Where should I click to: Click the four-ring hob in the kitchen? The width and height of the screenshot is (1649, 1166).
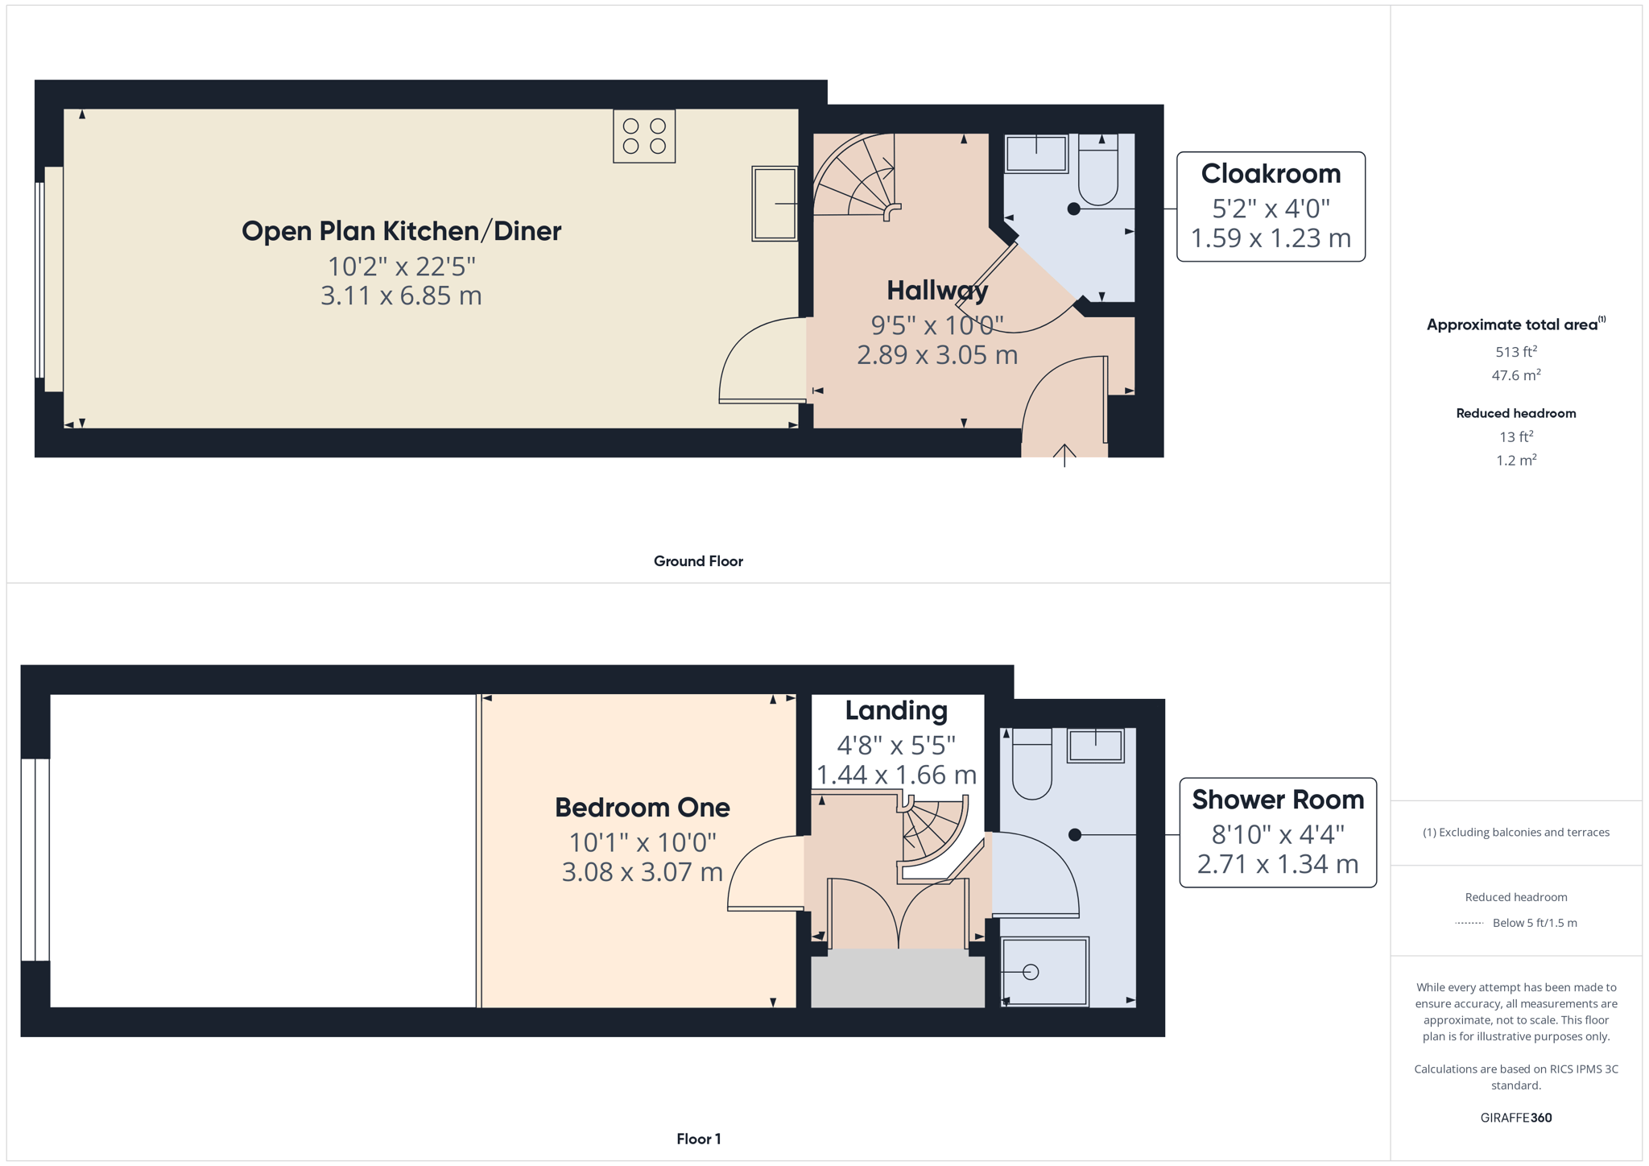(x=644, y=136)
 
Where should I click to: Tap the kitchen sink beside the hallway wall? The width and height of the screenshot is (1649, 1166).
(x=775, y=204)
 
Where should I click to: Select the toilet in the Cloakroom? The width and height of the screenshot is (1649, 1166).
(x=1098, y=170)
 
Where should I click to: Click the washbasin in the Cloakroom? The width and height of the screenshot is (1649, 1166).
(x=1036, y=154)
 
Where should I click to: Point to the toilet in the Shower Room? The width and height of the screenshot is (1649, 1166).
(x=1032, y=764)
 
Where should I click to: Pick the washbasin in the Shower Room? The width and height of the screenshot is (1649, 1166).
(x=1096, y=746)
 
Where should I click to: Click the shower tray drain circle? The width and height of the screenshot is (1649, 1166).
(x=1031, y=972)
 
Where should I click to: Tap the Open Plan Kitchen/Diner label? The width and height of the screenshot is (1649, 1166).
(x=401, y=231)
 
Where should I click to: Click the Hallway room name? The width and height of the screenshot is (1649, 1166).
(x=937, y=290)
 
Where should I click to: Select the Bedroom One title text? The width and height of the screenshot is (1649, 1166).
(x=643, y=807)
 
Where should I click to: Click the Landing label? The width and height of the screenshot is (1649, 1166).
(x=896, y=710)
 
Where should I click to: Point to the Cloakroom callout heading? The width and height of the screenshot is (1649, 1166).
(x=1271, y=173)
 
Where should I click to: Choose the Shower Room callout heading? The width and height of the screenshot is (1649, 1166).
(x=1278, y=800)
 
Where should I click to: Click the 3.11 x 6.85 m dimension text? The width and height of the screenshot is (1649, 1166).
(x=401, y=296)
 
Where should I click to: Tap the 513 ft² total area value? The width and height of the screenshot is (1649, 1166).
(x=1516, y=351)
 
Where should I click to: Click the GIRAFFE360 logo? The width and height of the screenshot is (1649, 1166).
(x=1516, y=1118)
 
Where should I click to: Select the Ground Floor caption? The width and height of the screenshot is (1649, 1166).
(x=698, y=561)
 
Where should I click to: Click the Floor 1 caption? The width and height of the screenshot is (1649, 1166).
(x=699, y=1139)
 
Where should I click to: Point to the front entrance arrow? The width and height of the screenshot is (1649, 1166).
(x=1064, y=456)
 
